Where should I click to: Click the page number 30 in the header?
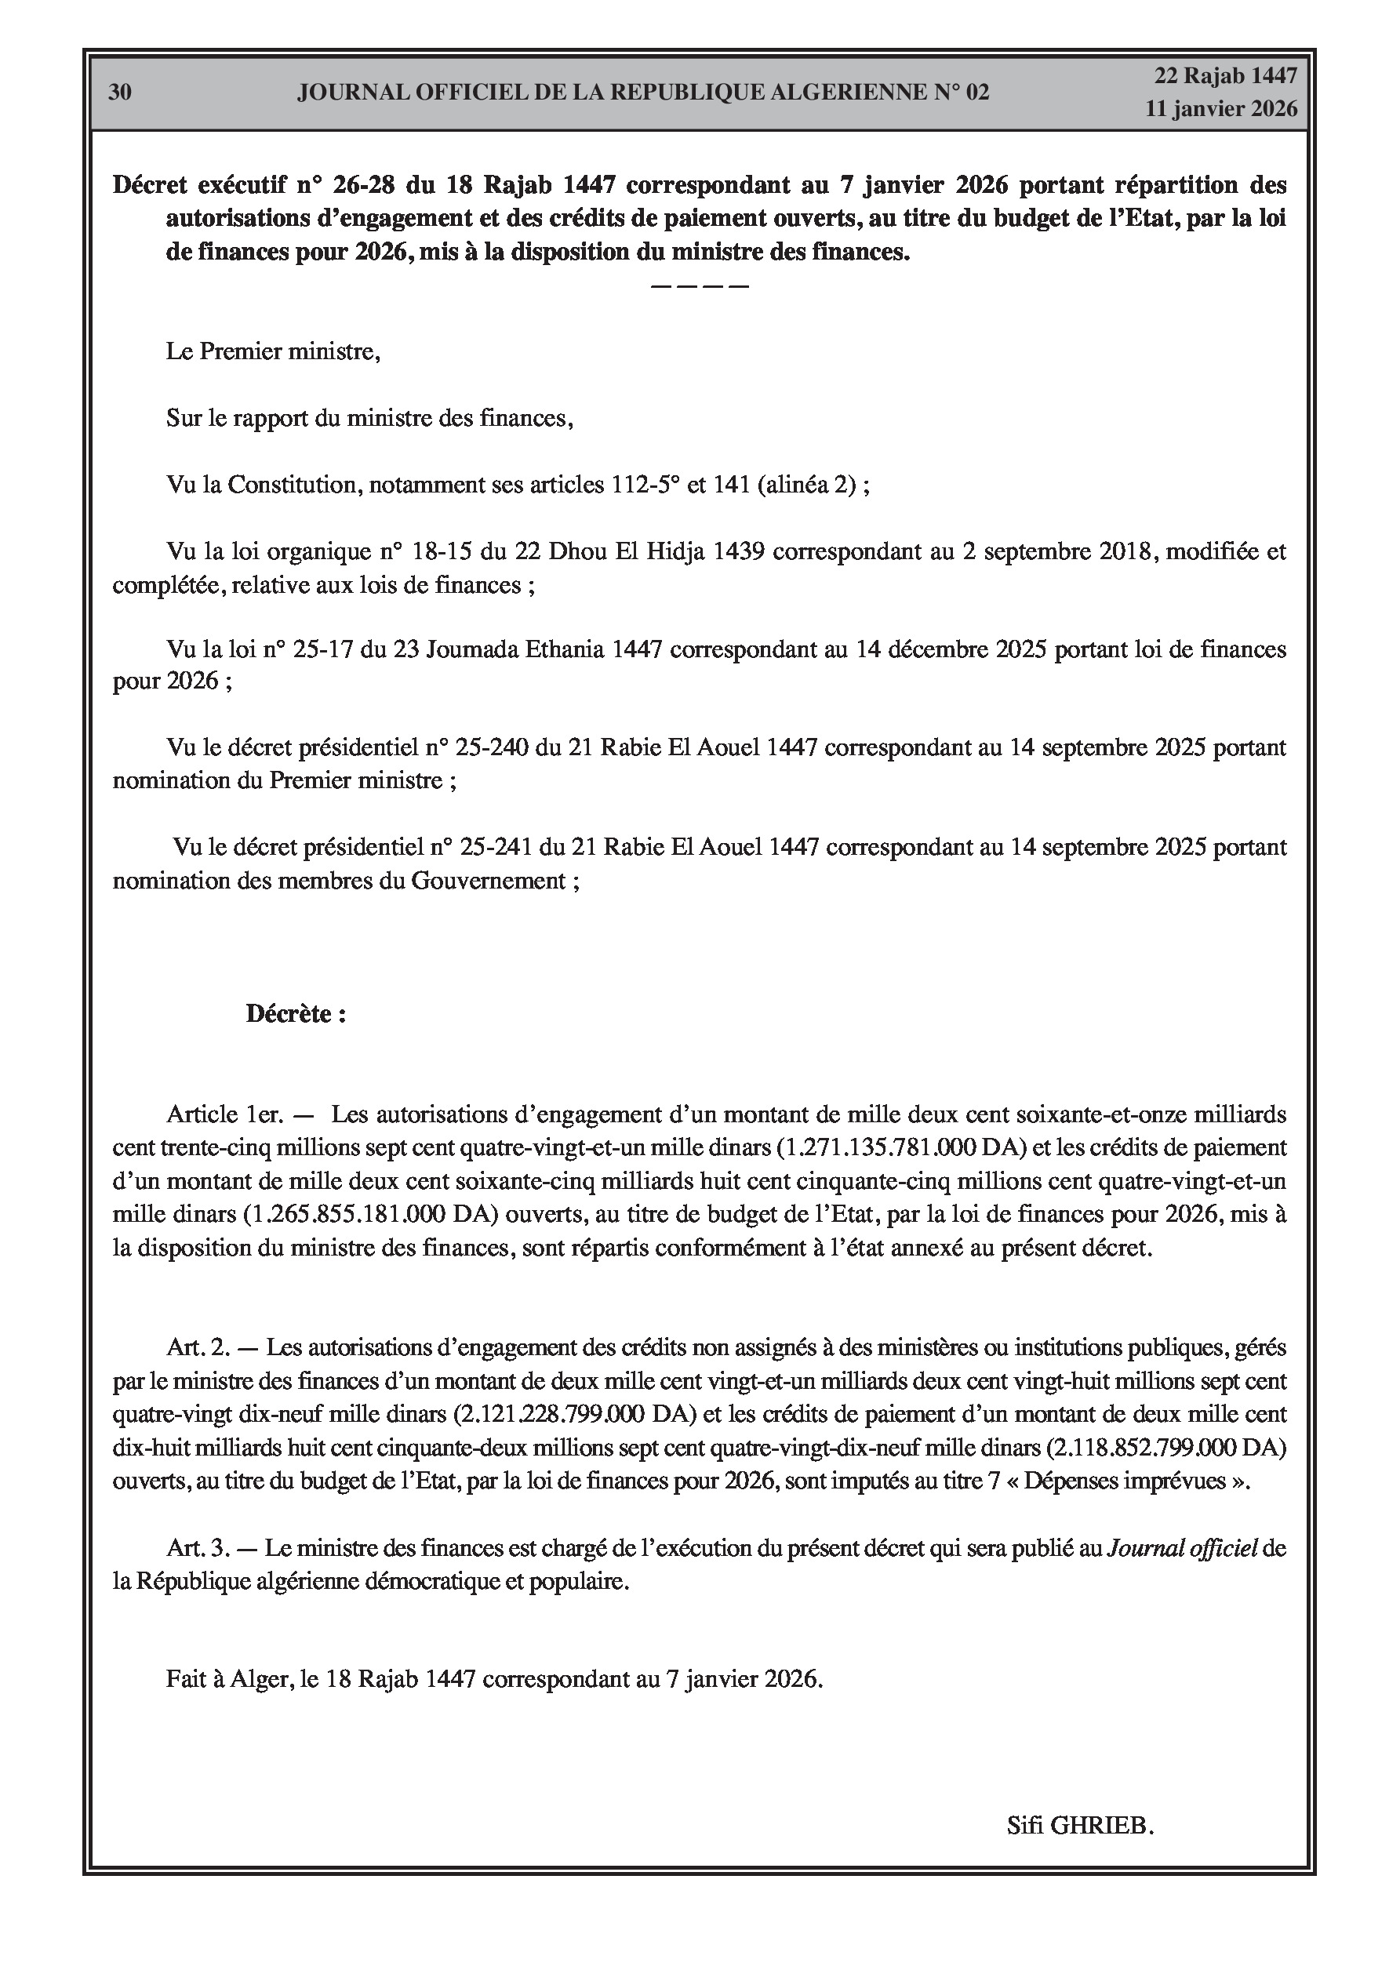pos(120,93)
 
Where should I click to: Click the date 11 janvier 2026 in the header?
pos(1220,109)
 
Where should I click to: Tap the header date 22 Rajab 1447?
pos(1226,76)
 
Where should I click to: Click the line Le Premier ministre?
pos(273,352)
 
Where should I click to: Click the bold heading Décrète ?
pos(296,1014)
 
